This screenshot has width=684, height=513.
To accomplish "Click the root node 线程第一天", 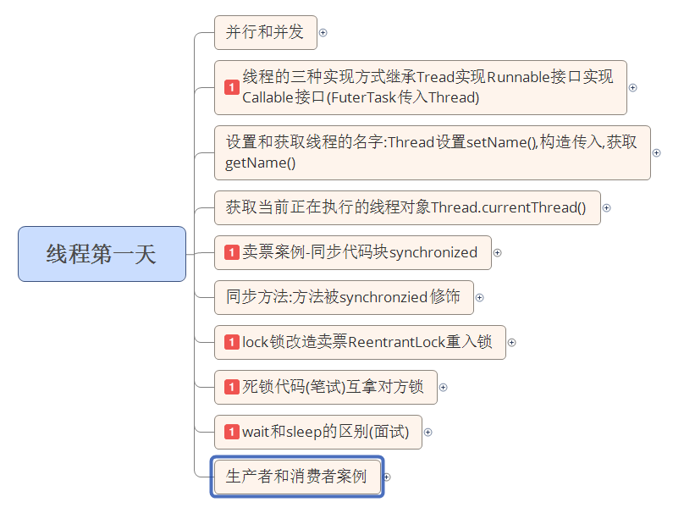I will tap(102, 254).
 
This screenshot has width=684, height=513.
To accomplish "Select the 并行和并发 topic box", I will tap(264, 33).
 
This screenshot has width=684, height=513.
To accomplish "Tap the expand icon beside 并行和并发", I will tap(323, 33).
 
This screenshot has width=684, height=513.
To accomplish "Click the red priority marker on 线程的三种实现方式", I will tap(232, 87).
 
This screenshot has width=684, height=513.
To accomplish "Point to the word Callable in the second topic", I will tap(268, 97).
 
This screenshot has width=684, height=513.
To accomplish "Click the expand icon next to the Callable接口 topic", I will tap(632, 87).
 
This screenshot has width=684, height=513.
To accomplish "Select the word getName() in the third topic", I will tap(260, 163).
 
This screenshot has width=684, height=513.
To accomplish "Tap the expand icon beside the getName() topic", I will tap(656, 152).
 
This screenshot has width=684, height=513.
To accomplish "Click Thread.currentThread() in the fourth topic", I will tap(508, 207).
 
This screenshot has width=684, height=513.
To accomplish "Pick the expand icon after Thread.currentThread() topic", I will tap(606, 207).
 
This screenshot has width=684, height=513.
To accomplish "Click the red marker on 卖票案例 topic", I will tap(232, 252).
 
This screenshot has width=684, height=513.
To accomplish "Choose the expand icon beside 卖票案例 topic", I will tap(497, 252).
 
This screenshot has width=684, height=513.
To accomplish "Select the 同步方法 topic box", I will tap(343, 297).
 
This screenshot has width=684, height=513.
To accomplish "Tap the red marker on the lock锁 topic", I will tap(232, 342).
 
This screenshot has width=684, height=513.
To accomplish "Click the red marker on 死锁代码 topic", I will tap(232, 387).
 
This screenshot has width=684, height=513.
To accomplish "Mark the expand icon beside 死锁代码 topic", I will tap(443, 387).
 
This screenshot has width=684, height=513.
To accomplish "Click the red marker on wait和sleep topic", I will tap(232, 432).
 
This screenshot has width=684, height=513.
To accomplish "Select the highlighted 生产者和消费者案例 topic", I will tap(296, 477).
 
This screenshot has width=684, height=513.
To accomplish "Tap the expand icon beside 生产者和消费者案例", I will tap(387, 477).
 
